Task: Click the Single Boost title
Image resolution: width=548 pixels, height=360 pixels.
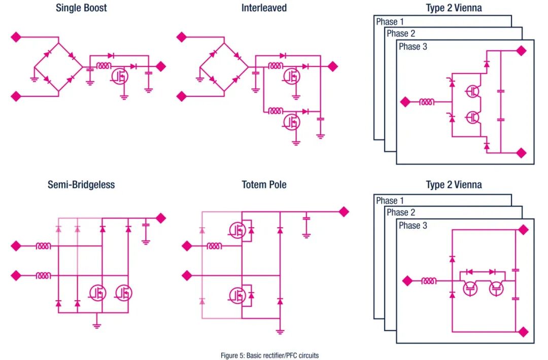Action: (81, 8)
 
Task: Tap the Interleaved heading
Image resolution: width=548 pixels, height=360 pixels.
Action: (264, 8)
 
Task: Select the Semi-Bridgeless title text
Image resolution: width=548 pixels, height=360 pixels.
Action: (81, 185)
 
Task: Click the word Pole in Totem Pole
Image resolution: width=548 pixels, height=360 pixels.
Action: (278, 185)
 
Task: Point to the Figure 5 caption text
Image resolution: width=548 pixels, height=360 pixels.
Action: (269, 355)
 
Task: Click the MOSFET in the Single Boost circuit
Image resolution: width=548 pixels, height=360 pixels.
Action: (120, 76)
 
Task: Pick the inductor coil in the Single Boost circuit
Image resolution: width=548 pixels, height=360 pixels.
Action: (104, 65)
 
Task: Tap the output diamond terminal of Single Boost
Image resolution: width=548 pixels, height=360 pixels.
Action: (160, 66)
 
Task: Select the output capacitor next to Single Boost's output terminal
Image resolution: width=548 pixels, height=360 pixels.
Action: (149, 73)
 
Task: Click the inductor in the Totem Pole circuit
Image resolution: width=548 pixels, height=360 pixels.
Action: (214, 246)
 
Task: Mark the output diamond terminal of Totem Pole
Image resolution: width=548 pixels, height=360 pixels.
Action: (344, 211)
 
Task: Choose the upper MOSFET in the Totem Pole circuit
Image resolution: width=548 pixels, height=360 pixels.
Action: (237, 230)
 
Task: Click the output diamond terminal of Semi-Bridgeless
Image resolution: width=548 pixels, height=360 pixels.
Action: (160, 218)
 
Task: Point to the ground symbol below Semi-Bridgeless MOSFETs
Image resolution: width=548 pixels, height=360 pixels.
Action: (97, 326)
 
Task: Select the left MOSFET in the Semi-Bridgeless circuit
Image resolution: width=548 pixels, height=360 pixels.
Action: (97, 293)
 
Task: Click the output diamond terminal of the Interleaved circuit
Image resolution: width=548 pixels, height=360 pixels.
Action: (332, 66)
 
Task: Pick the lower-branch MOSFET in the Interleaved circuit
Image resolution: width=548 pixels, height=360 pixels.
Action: (291, 122)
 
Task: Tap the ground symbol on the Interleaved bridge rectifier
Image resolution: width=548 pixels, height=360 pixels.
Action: (199, 79)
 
